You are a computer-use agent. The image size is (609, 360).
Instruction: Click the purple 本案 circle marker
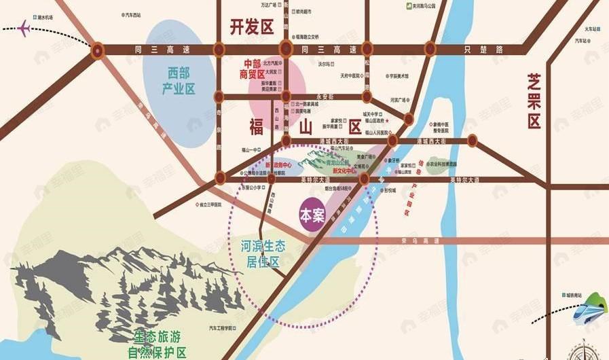tap(313, 216)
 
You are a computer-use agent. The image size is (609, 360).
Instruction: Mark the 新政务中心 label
tap(278, 165)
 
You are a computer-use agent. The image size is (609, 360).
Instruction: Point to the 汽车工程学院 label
tap(222, 329)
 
